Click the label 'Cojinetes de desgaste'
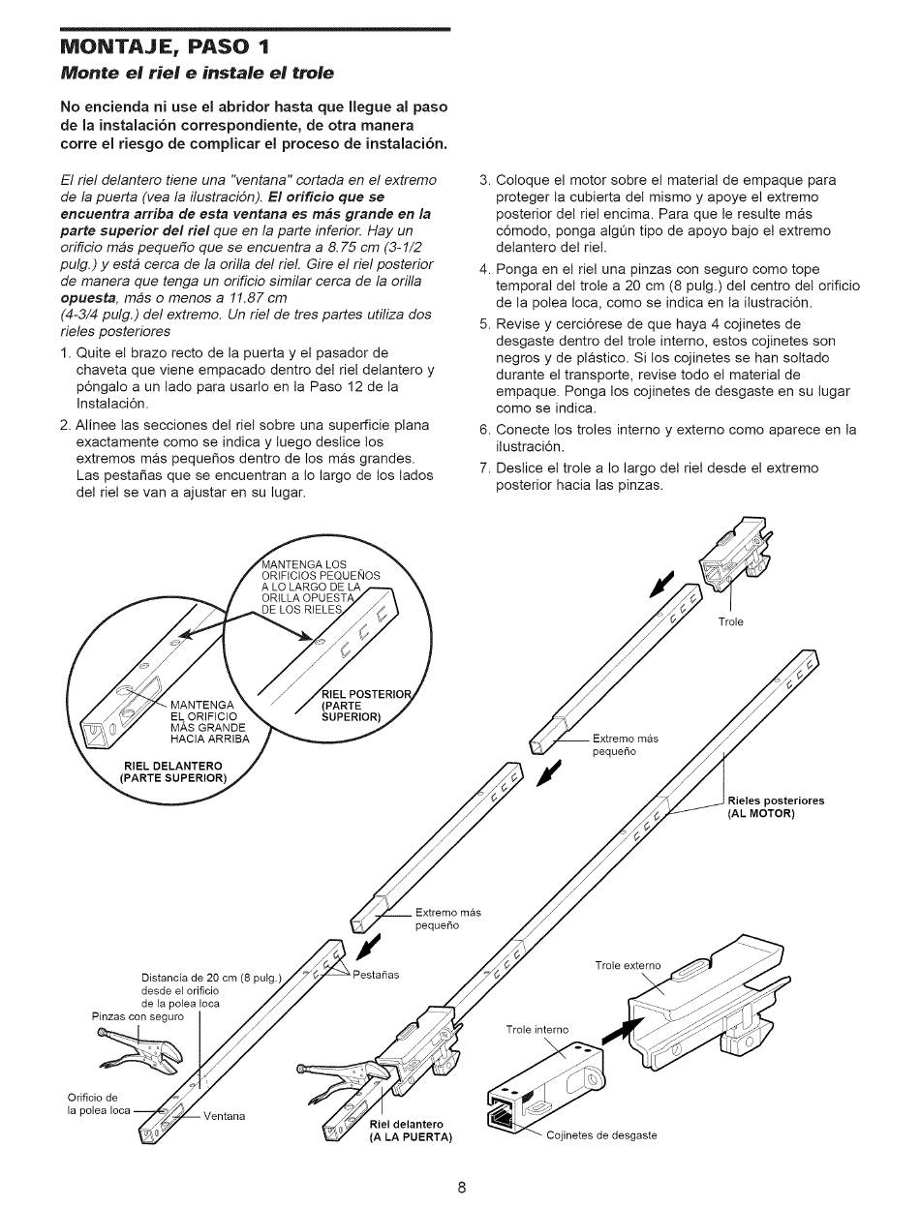(601, 1135)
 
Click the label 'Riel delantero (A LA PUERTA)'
(411, 1130)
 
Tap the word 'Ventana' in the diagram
(224, 1115)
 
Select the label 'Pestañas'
(374, 974)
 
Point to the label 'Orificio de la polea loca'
(98, 1103)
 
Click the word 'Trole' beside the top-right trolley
(730, 621)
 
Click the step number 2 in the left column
(64, 425)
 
